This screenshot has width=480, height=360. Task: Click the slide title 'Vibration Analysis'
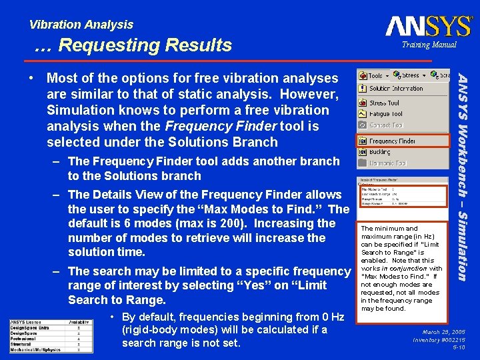tap(81, 25)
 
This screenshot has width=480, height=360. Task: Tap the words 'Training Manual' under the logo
tap(429, 45)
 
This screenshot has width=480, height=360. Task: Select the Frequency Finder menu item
tap(392, 141)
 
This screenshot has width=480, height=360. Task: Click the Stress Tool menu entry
tap(384, 103)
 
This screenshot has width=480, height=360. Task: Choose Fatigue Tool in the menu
tap(386, 114)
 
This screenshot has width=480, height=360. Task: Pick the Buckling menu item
tap(380, 152)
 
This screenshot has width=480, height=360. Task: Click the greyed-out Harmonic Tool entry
tap(387, 163)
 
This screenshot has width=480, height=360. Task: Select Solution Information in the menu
tap(396, 89)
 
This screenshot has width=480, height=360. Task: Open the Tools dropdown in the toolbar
tap(374, 75)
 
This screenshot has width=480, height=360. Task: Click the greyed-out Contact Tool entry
tap(386, 125)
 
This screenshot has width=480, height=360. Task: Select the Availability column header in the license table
tap(79, 323)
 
